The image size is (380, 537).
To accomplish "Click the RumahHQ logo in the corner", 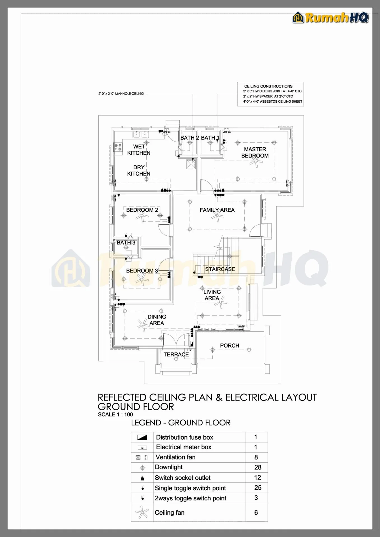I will pos(331,18).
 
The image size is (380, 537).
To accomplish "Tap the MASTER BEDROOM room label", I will pos(255,152).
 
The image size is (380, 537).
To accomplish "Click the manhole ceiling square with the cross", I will pos(191,164).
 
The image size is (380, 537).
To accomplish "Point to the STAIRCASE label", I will pos(220,269).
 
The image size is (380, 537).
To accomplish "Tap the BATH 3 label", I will pos(126,242).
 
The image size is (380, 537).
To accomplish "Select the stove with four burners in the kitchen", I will pos(118,147).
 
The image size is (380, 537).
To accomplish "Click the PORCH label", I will pos(230,345).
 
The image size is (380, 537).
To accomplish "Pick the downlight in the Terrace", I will pos(176,359).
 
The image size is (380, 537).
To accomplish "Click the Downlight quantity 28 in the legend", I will pos(258,467).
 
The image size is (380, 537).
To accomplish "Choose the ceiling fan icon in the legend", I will pos(142,513).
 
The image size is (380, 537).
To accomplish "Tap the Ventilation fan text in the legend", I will pos(175,457).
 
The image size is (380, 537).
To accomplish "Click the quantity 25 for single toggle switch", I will pos(258,487).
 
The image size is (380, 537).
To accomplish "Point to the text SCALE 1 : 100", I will pos(115,414).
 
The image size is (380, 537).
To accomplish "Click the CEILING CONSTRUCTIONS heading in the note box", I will pos(268,86).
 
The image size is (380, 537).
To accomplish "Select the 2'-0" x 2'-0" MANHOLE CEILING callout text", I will pos(121,94).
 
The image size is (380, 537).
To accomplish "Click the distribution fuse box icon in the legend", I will pos(142,437).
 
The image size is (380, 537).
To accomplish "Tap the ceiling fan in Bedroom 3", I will pos(142,279).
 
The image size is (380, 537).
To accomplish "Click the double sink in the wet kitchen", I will pos(141,135).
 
